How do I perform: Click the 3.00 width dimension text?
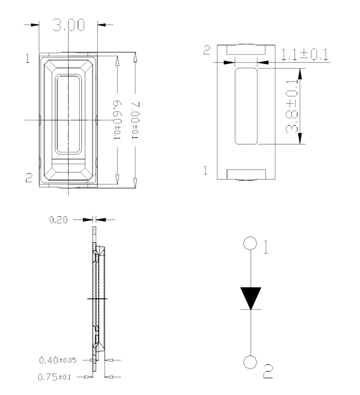(68, 25)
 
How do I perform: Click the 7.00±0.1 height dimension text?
(135, 120)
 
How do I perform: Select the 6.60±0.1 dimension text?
(117, 120)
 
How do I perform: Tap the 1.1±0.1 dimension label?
(305, 54)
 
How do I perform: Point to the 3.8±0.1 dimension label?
(292, 106)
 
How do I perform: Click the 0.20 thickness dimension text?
(58, 220)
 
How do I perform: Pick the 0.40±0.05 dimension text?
(57, 360)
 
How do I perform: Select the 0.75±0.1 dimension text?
(54, 377)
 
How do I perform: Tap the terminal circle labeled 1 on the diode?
(250, 243)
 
